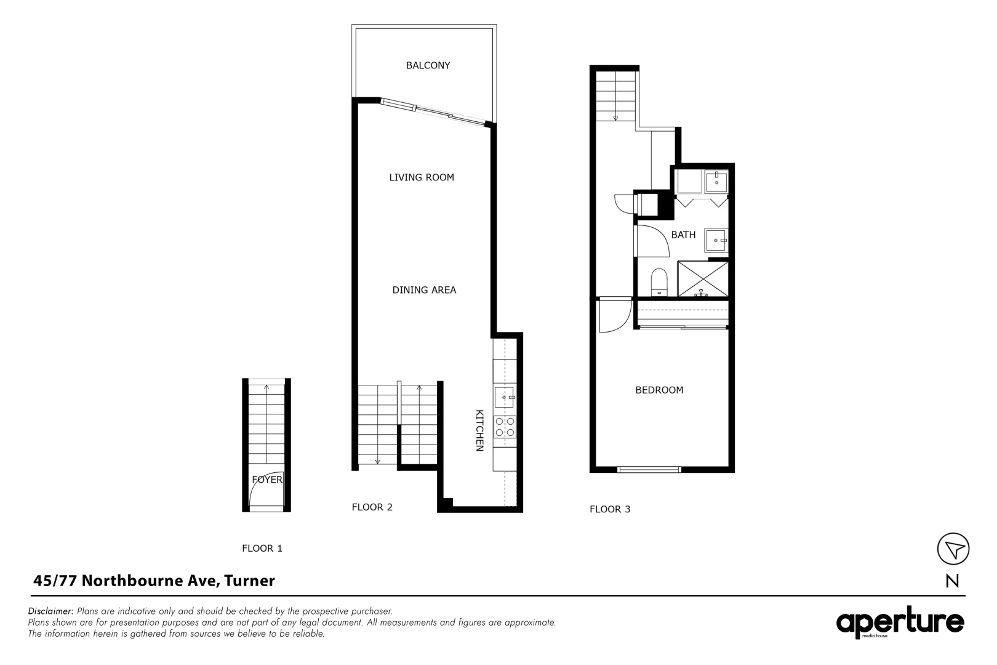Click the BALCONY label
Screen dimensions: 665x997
pyautogui.click(x=428, y=65)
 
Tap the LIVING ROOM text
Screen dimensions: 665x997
pyautogui.click(x=422, y=177)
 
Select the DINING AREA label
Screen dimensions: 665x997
pyautogui.click(x=424, y=290)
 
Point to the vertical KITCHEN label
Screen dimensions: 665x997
pyautogui.click(x=479, y=430)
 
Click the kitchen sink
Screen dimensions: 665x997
pyautogui.click(x=504, y=398)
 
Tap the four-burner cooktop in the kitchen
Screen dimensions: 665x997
pyautogui.click(x=505, y=427)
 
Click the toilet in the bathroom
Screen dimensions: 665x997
pyautogui.click(x=659, y=282)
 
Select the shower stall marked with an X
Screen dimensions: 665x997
pyautogui.click(x=703, y=278)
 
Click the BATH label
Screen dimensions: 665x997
pyautogui.click(x=683, y=235)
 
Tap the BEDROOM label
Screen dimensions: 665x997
pyautogui.click(x=659, y=390)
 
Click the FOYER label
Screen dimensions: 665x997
pyautogui.click(x=267, y=479)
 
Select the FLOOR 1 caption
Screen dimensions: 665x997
pyautogui.click(x=262, y=548)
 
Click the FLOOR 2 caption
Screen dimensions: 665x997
pyautogui.click(x=372, y=507)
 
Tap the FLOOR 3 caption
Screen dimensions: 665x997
pyautogui.click(x=610, y=509)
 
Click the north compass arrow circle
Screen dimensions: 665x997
pyautogui.click(x=953, y=549)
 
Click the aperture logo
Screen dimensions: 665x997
pyautogui.click(x=900, y=623)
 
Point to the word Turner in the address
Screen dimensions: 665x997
pyautogui.click(x=249, y=581)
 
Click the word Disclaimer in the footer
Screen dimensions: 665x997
pyautogui.click(x=51, y=611)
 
